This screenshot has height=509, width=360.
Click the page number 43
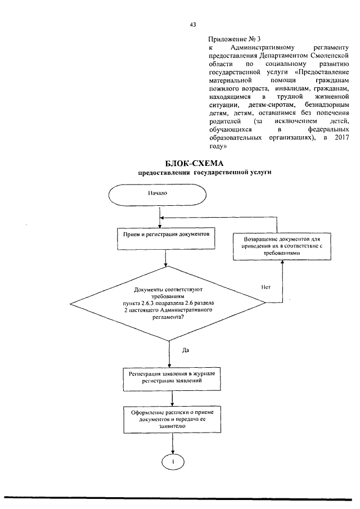pyautogui.click(x=192, y=25)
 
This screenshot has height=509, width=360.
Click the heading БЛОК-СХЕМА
pyautogui.click(x=192, y=163)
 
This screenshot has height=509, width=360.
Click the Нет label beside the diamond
pyautogui.click(x=266, y=287)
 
